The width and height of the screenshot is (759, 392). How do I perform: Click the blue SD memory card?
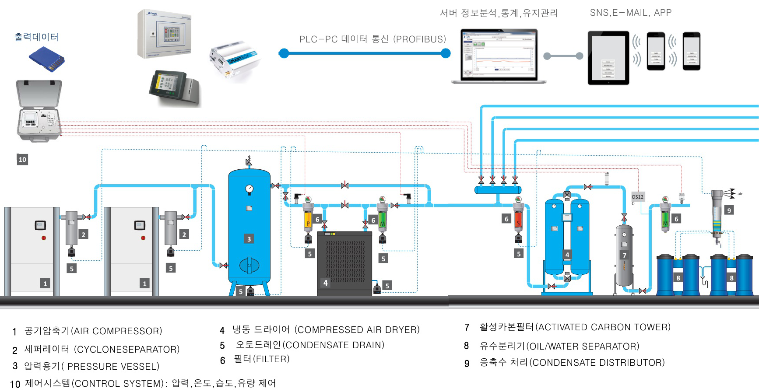[x=46, y=59]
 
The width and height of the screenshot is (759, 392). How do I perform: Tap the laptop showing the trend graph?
[x=499, y=56]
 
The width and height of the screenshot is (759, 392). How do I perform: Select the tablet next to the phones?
[x=608, y=57]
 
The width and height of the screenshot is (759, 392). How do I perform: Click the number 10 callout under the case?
[x=22, y=160]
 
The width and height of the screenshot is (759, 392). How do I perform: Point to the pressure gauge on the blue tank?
[x=249, y=189]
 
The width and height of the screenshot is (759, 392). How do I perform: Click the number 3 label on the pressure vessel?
[x=249, y=239]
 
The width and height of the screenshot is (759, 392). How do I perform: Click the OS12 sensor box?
[x=638, y=197]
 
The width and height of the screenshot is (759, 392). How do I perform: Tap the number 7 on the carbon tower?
[x=625, y=255]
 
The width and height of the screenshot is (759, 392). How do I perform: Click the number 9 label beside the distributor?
[x=729, y=210]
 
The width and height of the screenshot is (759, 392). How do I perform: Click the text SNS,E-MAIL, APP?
[x=630, y=13]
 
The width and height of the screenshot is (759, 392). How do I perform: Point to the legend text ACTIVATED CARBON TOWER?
[x=604, y=327]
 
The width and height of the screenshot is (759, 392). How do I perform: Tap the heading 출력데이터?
[x=36, y=37]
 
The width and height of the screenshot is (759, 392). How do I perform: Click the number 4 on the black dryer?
[x=325, y=283]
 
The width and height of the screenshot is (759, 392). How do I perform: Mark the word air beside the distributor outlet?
[x=740, y=194]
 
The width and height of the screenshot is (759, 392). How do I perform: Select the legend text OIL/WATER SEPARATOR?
[x=583, y=346]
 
